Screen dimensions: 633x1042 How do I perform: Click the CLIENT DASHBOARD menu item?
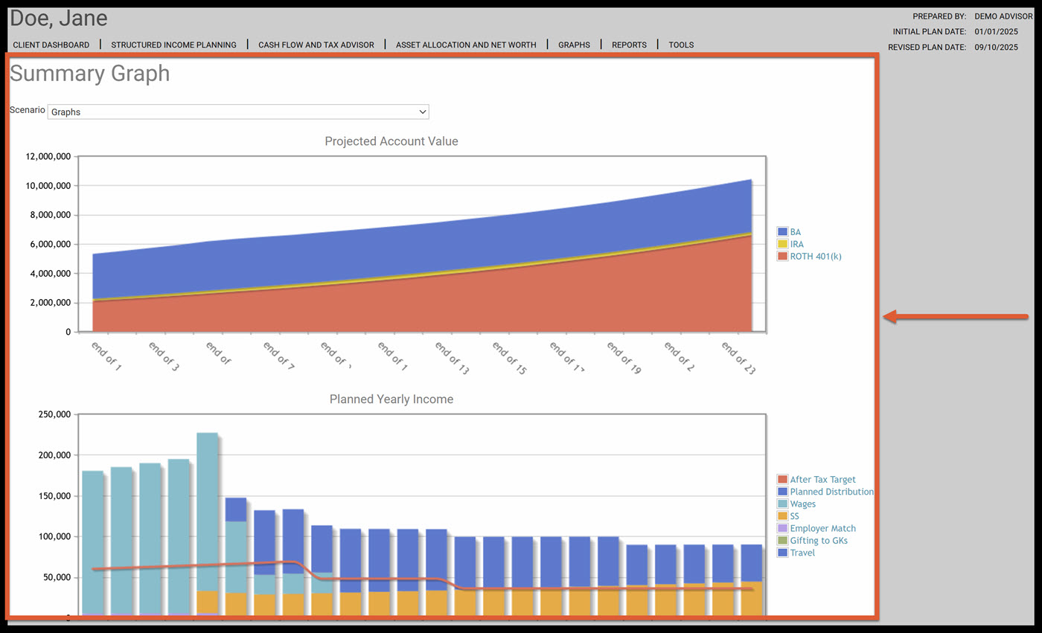(x=51, y=45)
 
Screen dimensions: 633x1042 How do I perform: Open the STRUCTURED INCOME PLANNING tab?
(x=173, y=45)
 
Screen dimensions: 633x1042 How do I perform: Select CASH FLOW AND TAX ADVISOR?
(x=316, y=45)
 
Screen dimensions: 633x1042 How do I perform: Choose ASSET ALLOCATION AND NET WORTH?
(x=466, y=45)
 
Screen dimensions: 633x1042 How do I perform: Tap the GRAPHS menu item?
(x=574, y=45)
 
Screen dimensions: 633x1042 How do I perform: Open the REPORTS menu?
(x=629, y=45)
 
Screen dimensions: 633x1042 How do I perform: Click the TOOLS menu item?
(x=681, y=45)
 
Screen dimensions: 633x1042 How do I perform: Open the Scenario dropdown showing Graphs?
(x=238, y=112)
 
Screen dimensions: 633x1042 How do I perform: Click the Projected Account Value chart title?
(x=391, y=141)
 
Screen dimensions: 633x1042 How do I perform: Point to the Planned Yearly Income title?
(x=391, y=399)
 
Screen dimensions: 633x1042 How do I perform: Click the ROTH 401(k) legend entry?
(x=815, y=256)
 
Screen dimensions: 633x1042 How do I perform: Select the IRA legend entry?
(x=796, y=244)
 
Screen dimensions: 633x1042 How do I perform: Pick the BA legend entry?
(x=795, y=232)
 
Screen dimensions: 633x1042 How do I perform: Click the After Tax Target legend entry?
(x=822, y=480)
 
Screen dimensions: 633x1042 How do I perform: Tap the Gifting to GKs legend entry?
(x=818, y=541)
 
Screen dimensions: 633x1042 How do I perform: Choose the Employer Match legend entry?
(x=822, y=528)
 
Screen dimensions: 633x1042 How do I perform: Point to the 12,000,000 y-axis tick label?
(x=48, y=157)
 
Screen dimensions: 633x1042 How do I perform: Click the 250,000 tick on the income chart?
(x=53, y=415)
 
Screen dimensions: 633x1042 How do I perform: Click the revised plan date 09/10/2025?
(x=996, y=47)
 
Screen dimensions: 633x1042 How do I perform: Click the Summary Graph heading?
(x=89, y=74)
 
